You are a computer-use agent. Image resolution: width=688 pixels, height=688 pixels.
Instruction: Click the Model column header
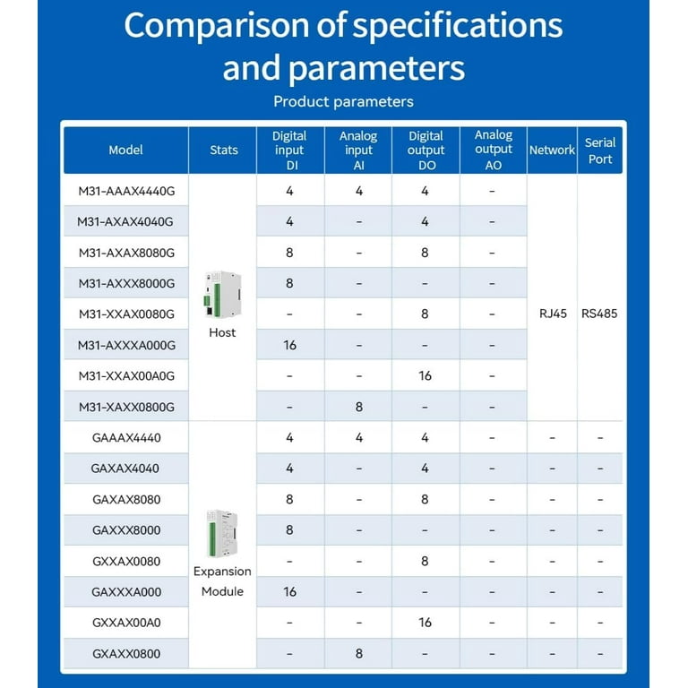click(125, 150)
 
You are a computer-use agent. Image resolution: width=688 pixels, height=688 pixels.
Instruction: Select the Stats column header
click(223, 150)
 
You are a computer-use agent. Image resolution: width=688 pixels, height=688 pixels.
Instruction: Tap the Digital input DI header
click(289, 150)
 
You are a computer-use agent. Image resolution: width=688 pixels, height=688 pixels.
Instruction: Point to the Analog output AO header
click(493, 150)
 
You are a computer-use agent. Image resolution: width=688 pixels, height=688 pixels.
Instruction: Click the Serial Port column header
click(600, 150)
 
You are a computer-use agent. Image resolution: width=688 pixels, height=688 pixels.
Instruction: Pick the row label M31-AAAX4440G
click(125, 191)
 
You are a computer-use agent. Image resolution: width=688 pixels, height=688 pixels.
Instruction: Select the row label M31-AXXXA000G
click(125, 345)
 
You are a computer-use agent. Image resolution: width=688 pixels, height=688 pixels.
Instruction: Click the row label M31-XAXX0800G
click(125, 407)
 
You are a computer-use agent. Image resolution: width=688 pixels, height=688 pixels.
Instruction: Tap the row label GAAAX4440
click(125, 438)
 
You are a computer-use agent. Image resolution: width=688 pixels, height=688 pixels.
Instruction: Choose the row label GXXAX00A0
click(125, 623)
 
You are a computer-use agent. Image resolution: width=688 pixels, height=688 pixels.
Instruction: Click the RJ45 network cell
click(552, 314)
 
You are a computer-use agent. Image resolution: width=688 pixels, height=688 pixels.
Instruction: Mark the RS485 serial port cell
click(599, 314)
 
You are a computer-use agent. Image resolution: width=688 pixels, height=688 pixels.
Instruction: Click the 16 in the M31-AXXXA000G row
click(289, 345)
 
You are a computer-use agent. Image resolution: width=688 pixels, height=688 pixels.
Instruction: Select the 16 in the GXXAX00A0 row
click(425, 623)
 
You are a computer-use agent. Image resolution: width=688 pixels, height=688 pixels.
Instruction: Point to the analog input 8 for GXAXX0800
click(358, 654)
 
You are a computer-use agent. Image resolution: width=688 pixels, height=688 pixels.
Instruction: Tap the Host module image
click(220, 296)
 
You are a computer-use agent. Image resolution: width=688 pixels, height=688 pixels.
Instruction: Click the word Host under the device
click(222, 332)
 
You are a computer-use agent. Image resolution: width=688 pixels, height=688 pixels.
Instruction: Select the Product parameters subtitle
click(343, 101)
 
